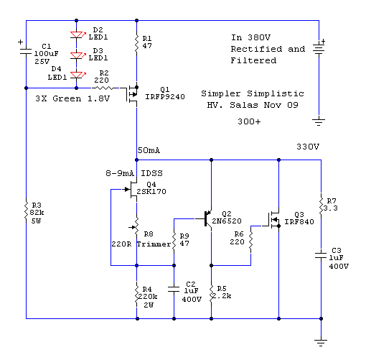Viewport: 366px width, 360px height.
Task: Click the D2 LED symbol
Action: [x=77, y=35]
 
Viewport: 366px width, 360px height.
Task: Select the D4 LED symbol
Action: [x=77, y=75]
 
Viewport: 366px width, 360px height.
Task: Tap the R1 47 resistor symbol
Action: [x=136, y=43]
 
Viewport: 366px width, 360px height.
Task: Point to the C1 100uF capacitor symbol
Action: [x=26, y=52]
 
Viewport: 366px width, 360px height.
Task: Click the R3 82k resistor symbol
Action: [x=27, y=211]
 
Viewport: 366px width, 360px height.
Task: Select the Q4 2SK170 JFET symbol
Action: [x=131, y=190]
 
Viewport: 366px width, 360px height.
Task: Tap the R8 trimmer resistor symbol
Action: [x=136, y=227]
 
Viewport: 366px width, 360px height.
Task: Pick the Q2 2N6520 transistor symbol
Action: [x=207, y=218]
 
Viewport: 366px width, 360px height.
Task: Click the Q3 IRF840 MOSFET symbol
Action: [x=273, y=219]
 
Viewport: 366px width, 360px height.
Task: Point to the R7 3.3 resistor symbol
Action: [x=321, y=206]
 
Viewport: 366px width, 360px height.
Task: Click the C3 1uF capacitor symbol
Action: [x=321, y=255]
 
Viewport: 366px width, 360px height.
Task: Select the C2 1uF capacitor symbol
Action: [x=174, y=289]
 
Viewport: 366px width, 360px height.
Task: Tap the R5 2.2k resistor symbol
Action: [x=211, y=295]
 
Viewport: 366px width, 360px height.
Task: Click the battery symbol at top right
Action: [x=319, y=49]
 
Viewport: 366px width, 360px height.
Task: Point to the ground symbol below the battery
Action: [x=319, y=122]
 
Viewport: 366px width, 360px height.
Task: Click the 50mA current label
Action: [x=149, y=150]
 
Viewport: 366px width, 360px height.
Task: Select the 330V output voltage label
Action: [x=308, y=147]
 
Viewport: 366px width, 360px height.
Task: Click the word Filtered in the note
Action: [x=253, y=60]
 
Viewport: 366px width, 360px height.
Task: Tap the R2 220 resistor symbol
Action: [x=104, y=88]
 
